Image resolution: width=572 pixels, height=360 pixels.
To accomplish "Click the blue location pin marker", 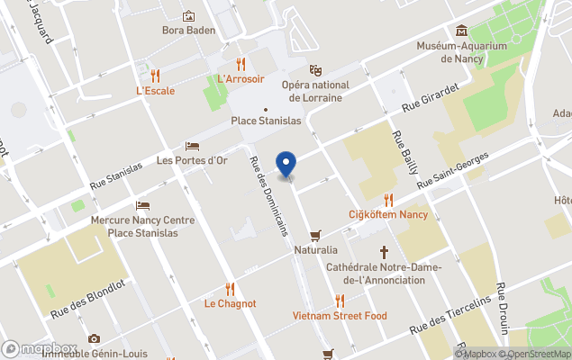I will [286, 165].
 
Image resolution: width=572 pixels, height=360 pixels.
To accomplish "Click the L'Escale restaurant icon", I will [155, 75].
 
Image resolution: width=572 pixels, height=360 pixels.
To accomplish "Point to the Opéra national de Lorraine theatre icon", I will [315, 69].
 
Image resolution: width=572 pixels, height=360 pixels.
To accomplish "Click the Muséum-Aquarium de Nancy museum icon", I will [462, 31].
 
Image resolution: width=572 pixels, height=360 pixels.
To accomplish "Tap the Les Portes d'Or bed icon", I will [191, 146].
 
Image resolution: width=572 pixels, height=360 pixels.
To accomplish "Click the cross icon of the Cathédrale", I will [384, 252].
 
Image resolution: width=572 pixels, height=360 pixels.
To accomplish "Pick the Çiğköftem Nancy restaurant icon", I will [388, 199].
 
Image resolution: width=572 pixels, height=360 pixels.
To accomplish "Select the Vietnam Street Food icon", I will [340, 301].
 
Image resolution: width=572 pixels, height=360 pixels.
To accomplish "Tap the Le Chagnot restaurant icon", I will [230, 289].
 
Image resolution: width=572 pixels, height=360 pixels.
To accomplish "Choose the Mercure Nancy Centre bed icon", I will [141, 206].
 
